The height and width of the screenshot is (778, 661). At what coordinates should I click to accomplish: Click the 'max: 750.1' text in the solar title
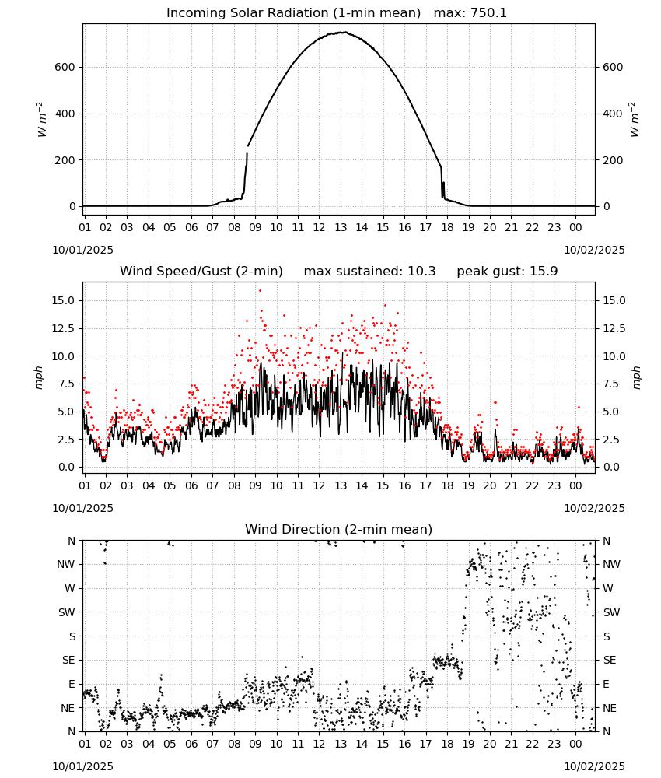coord(470,13)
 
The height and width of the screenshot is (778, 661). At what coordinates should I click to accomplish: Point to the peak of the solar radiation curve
coord(342,32)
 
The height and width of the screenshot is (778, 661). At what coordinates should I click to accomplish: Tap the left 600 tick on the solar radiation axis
coord(65,68)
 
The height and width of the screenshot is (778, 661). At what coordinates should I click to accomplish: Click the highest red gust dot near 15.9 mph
coord(260,291)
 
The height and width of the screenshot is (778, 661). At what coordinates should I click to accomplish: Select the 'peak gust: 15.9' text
coord(507,272)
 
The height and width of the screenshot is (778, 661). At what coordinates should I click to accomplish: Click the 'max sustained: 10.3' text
coord(369,272)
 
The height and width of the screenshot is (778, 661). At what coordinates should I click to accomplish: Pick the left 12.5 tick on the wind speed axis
coord(64,328)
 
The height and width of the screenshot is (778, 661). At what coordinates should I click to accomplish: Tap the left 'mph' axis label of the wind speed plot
coord(39,377)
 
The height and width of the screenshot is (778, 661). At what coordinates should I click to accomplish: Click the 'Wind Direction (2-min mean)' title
coord(339,529)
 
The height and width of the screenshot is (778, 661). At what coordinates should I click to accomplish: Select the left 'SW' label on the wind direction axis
coord(67,612)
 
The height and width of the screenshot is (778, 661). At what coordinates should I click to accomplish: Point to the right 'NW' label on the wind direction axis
coord(611,565)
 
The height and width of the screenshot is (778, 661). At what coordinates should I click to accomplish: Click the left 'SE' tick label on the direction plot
coord(68,660)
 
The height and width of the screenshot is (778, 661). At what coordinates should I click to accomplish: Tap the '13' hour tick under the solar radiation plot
coord(340,227)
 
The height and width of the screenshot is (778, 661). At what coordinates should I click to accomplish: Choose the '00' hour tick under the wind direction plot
coord(575,745)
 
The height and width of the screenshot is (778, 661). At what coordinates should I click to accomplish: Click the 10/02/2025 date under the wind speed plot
coord(594,508)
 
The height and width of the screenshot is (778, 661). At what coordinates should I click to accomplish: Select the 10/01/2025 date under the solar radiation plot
coord(82,250)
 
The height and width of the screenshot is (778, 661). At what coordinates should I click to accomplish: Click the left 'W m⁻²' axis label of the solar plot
coord(42,120)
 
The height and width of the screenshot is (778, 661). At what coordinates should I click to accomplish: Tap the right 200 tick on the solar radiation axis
coord(613,160)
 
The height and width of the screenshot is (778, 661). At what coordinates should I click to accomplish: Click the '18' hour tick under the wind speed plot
coord(447,485)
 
